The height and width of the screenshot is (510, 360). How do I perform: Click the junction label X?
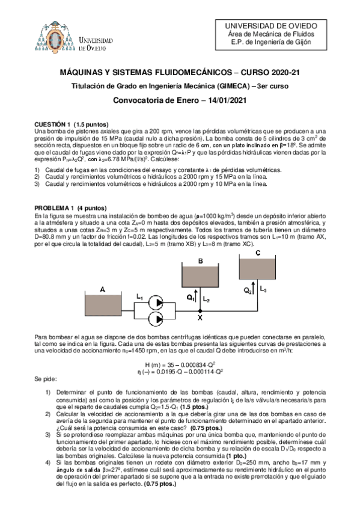click(200, 319)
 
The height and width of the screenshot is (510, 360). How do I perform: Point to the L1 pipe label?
click(139, 297)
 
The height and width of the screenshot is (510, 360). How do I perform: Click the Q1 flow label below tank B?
click(190, 296)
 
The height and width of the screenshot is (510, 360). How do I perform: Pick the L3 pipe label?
click(265, 290)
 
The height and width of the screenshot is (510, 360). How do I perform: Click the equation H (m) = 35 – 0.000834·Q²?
click(180, 364)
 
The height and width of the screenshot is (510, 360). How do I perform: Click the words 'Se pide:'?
click(47, 380)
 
